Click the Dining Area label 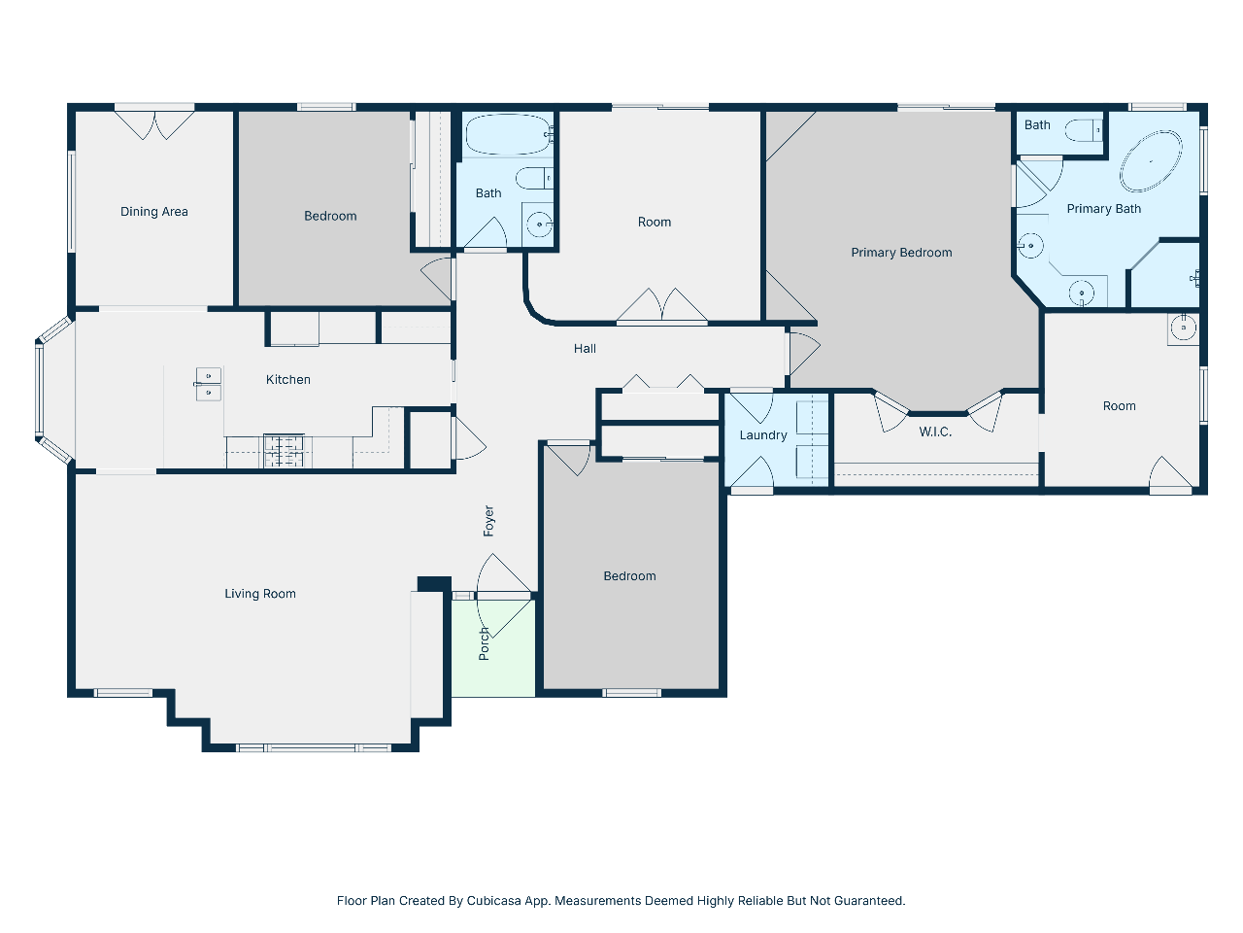[x=154, y=212]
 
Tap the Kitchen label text [x=288, y=380]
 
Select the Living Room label [x=260, y=594]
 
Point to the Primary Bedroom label [x=901, y=253]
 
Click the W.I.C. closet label [x=935, y=432]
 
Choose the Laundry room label [x=763, y=435]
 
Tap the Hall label [x=585, y=348]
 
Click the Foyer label [x=488, y=521]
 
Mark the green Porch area [x=493, y=648]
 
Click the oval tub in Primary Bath [x=1151, y=161]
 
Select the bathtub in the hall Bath [x=509, y=134]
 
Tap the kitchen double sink [x=209, y=384]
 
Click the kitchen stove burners [x=284, y=451]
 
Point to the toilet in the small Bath [x=1084, y=130]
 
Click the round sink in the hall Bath [x=539, y=225]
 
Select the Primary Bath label [x=1104, y=208]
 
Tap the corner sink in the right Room [x=1183, y=328]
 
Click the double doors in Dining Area [x=154, y=125]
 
